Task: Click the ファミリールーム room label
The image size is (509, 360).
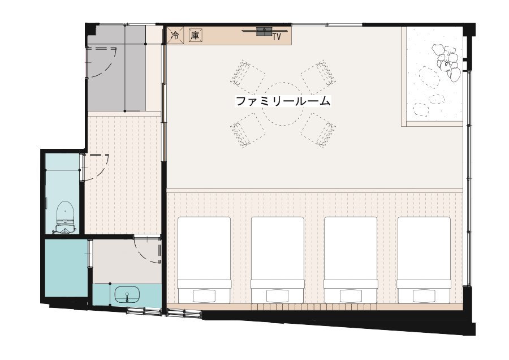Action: [x=283, y=101]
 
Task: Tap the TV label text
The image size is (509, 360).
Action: [x=276, y=37]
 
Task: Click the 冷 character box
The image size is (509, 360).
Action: [x=175, y=35]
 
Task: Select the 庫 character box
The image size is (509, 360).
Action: [x=195, y=35]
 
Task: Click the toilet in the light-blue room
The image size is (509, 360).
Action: [x=65, y=217]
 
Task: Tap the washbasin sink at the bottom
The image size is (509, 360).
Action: [x=127, y=295]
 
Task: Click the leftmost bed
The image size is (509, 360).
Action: [x=204, y=260]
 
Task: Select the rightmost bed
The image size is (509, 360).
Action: [x=424, y=260]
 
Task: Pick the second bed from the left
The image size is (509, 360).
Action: [x=278, y=260]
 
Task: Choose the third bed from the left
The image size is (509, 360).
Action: [x=351, y=260]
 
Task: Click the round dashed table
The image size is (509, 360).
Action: [x=283, y=104]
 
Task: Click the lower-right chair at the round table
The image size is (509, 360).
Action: [x=318, y=130]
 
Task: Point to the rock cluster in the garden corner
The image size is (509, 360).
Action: [x=447, y=62]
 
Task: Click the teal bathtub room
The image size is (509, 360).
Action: [x=66, y=268]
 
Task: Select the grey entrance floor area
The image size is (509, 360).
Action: [x=115, y=68]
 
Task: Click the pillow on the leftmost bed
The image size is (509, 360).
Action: [x=204, y=296]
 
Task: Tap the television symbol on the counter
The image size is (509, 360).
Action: [x=265, y=32]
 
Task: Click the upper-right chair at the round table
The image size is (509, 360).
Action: [x=319, y=76]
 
